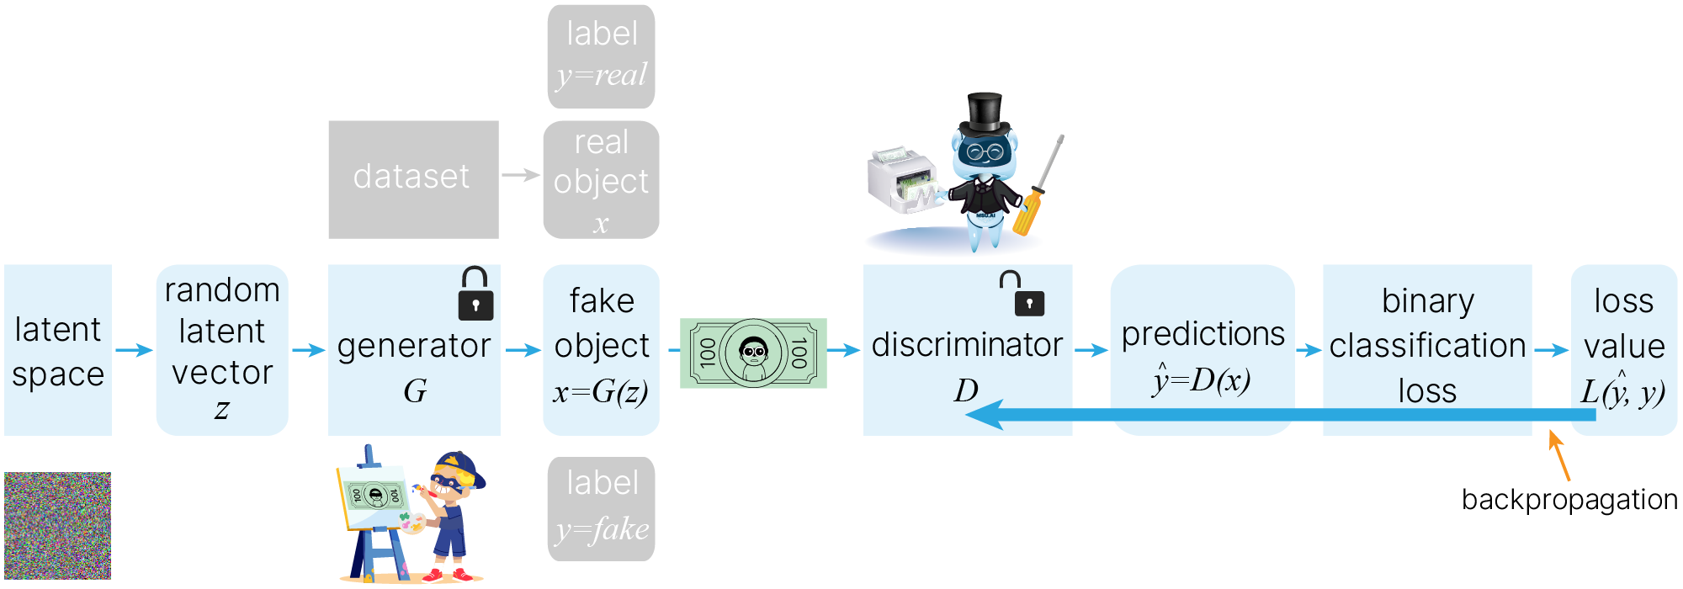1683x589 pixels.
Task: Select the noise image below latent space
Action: (x=57, y=525)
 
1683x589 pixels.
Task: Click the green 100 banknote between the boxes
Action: (x=753, y=353)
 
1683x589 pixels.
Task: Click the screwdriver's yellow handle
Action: (x=1028, y=211)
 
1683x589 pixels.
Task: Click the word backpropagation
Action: (x=1569, y=500)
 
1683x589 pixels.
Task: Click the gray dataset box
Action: (x=413, y=179)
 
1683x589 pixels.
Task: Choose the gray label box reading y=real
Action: (x=601, y=56)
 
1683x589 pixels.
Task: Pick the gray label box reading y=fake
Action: (x=601, y=508)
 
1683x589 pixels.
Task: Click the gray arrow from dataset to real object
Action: (x=521, y=175)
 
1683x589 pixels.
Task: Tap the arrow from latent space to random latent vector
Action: (x=134, y=349)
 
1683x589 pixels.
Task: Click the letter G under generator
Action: (x=415, y=390)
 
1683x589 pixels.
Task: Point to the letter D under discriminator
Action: (x=966, y=390)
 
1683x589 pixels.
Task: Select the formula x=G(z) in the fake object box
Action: (x=601, y=391)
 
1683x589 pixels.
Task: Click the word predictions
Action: (x=1203, y=334)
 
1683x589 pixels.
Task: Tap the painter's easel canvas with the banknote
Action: (x=375, y=496)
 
